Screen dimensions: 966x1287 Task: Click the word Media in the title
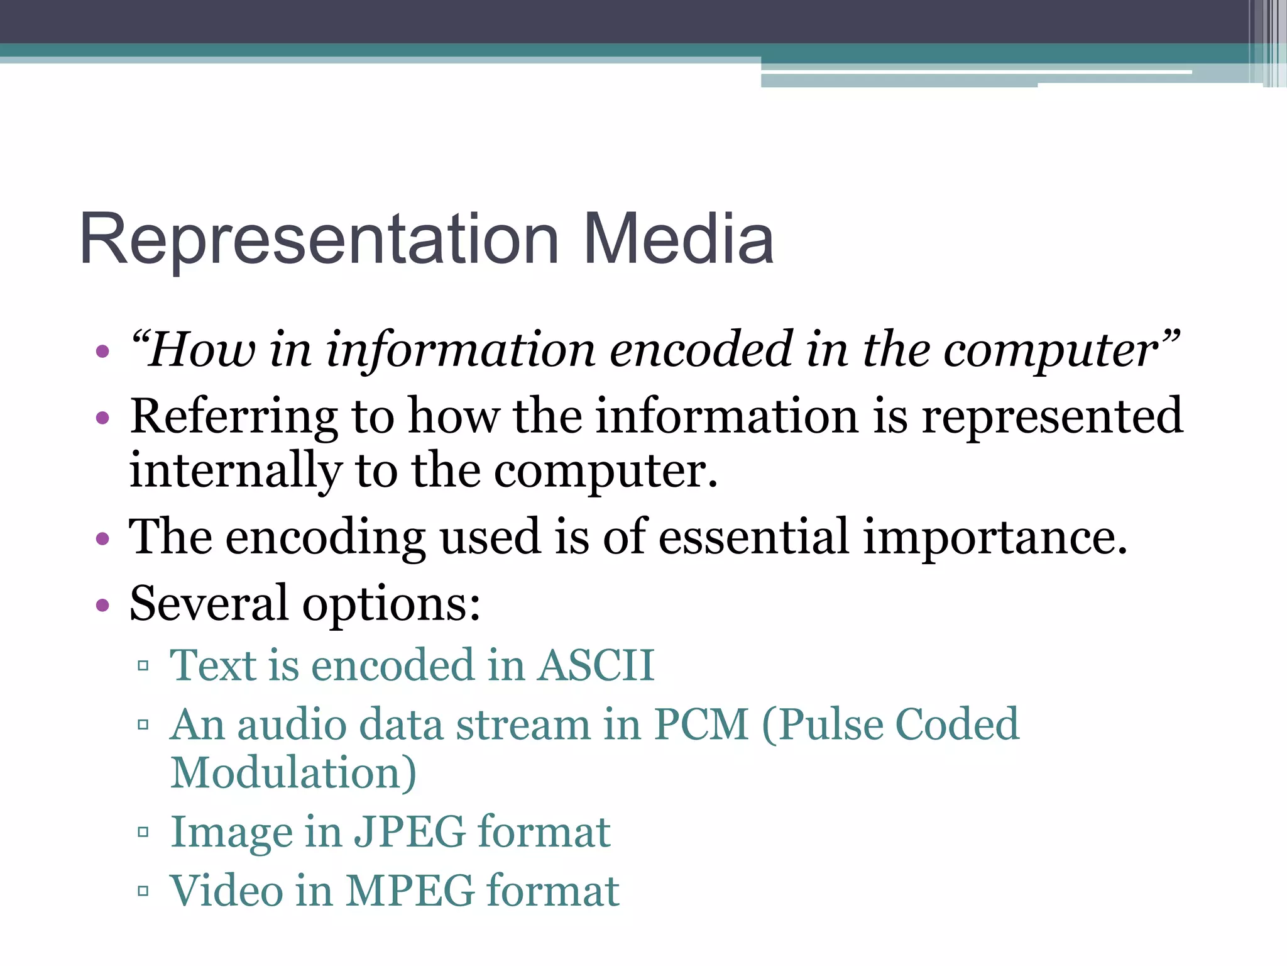(x=679, y=239)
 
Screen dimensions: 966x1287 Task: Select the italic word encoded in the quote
(x=701, y=350)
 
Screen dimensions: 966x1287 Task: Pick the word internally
(x=236, y=472)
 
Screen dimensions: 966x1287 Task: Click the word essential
(x=754, y=537)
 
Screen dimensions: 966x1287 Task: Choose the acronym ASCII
(x=596, y=665)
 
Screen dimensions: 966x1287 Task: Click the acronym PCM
(x=701, y=724)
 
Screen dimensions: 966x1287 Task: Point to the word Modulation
(x=293, y=774)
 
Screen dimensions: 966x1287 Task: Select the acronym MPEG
(x=410, y=891)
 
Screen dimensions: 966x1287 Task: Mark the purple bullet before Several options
(x=103, y=606)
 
